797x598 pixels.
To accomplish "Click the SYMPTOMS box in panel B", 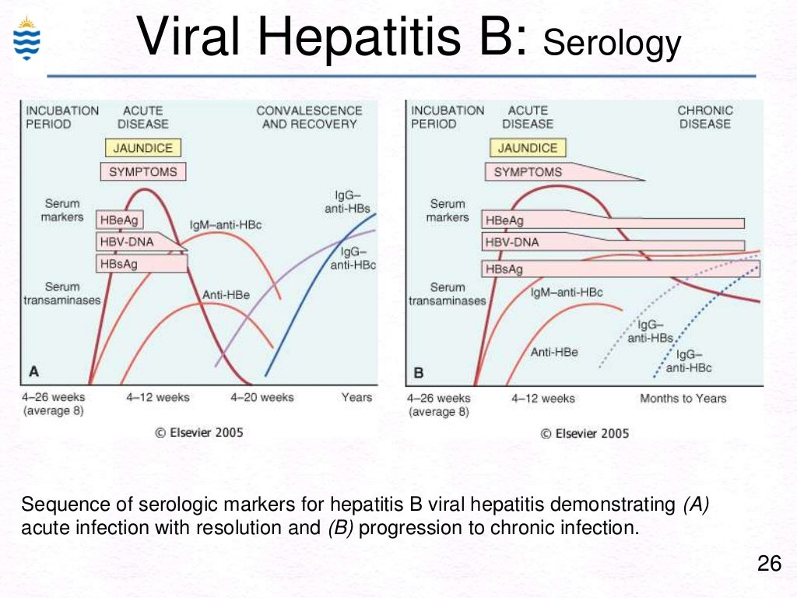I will (x=528, y=171).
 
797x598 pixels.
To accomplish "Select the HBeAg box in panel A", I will (x=120, y=220).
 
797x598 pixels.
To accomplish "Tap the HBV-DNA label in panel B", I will (x=512, y=242).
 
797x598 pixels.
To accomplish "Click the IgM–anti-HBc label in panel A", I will (x=226, y=225).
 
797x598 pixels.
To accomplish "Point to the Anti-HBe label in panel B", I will (x=554, y=352).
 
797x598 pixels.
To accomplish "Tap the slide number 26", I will (x=769, y=564).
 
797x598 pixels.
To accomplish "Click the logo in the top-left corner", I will (x=26, y=39).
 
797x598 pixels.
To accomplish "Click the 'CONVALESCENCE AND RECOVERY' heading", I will (x=309, y=117).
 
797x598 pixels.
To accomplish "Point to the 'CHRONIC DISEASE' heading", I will (x=704, y=117).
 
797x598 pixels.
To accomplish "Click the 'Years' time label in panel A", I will (x=356, y=397).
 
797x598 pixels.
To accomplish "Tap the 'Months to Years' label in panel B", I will (x=683, y=398).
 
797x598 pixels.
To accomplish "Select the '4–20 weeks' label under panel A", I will (x=262, y=397).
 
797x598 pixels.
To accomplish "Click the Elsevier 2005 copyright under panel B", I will (x=585, y=433).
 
